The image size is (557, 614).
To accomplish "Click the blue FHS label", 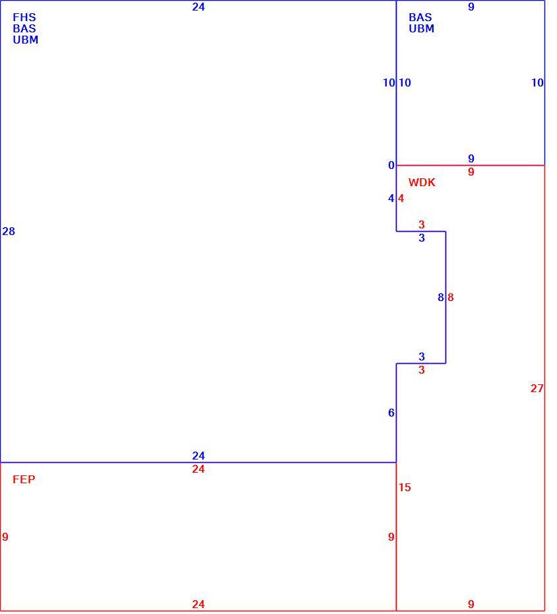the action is point(24,17).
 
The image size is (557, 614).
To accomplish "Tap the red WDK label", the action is point(422,182).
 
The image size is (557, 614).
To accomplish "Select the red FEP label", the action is point(24,479).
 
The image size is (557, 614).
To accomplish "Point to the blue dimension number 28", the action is point(9,232).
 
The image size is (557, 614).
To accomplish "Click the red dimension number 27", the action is point(537,388).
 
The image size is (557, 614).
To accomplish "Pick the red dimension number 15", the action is point(405,487).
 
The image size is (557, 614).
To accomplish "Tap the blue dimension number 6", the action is point(391,413).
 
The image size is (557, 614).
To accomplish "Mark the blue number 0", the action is point(391,166).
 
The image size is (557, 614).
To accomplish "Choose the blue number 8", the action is point(441,298).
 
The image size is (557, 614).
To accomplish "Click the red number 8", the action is point(451,298).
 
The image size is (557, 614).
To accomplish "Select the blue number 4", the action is point(391,199).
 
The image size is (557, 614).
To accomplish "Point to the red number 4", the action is point(401,199).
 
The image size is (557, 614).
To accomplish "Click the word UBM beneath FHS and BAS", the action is point(26,40).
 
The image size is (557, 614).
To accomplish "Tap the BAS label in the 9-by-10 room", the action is point(420,17).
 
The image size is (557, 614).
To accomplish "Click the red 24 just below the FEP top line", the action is point(199,469).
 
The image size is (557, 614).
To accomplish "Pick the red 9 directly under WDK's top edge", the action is point(471,172).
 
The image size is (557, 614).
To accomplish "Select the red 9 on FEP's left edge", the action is point(5,537).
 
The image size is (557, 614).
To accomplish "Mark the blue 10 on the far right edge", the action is point(537,83).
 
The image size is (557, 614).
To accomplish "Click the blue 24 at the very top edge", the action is point(199,7).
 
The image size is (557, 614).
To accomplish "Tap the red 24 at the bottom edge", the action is point(199,604).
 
